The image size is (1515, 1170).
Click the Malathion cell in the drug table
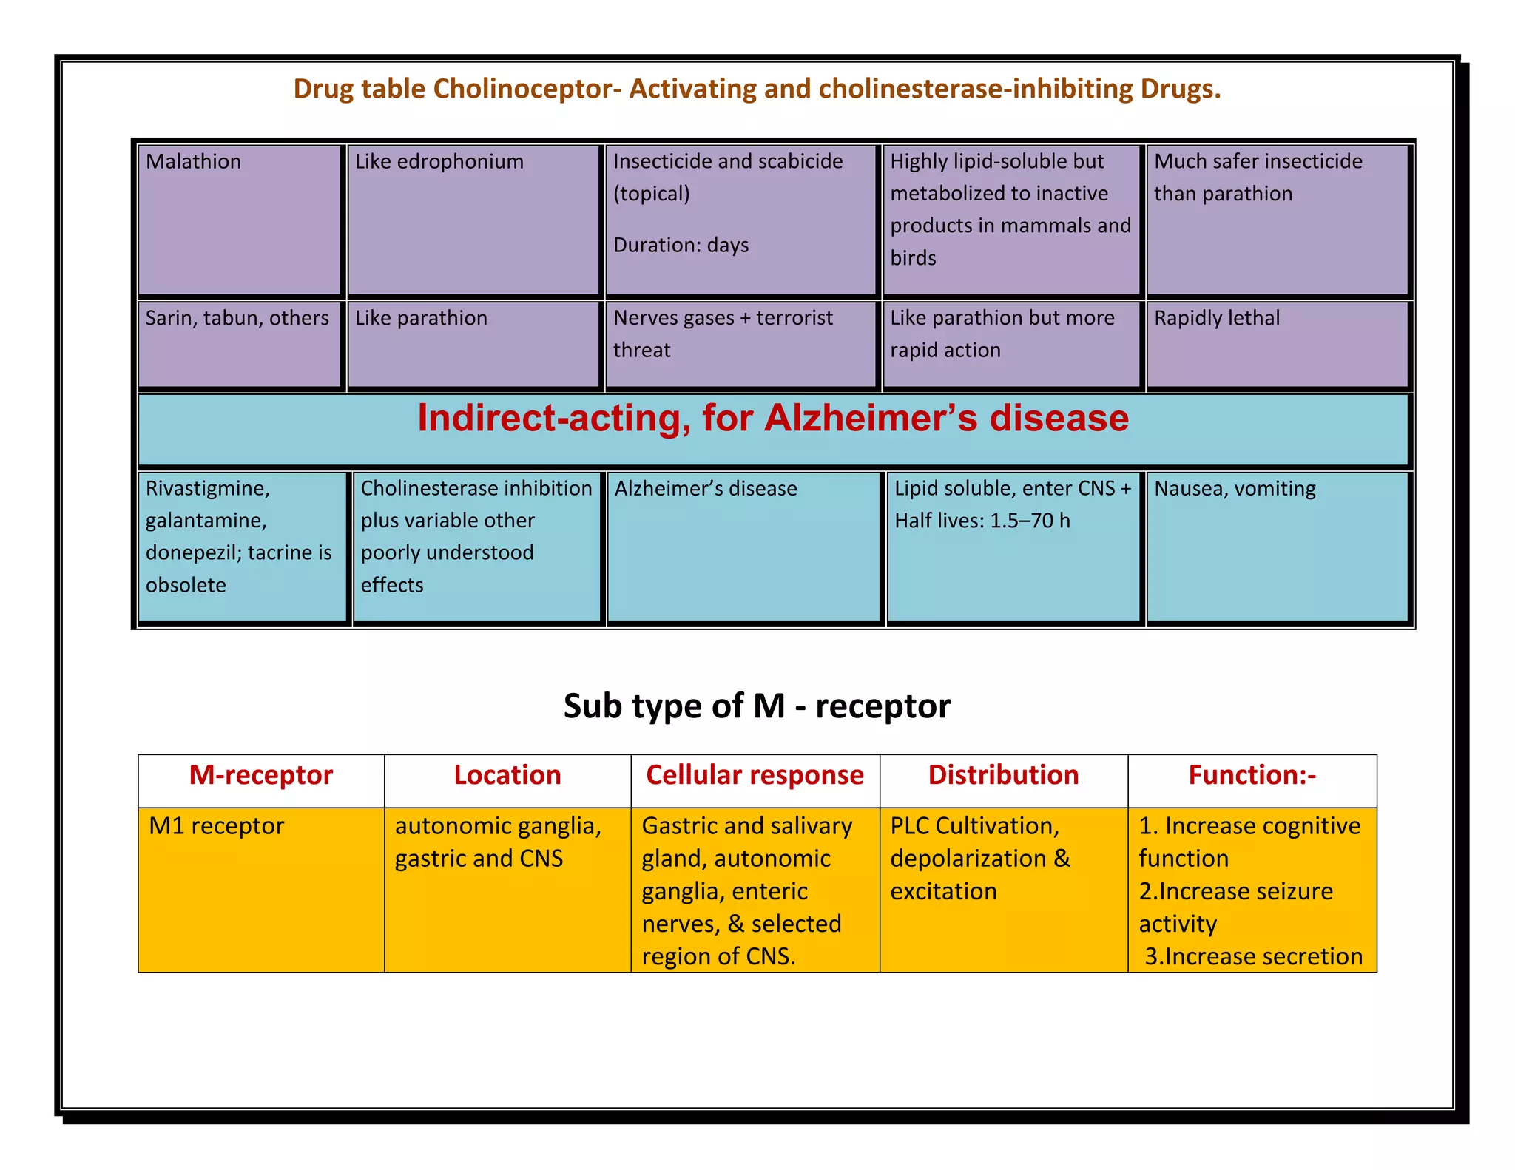[x=193, y=161]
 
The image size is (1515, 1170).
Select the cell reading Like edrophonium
[x=439, y=161]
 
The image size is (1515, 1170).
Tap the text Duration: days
[x=681, y=245]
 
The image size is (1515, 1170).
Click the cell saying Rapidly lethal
[x=1217, y=318]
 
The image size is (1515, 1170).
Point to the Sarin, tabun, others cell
[x=237, y=318]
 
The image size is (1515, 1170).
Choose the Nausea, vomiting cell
[x=1235, y=489]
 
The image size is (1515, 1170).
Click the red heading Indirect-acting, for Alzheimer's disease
[x=773, y=418]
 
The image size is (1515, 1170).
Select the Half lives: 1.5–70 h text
[x=982, y=521]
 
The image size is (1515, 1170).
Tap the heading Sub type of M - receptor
[x=757, y=706]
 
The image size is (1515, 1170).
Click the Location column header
[x=507, y=775]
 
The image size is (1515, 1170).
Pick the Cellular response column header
[x=755, y=775]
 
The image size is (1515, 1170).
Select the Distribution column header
[x=1003, y=775]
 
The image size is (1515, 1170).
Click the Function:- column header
[x=1252, y=775]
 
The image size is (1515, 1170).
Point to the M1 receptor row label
[x=216, y=826]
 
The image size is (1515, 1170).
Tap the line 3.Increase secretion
[x=1253, y=956]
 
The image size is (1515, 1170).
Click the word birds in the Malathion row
[x=913, y=258]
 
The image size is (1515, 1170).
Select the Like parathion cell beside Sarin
[x=421, y=318]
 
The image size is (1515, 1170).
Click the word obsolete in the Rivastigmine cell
[x=186, y=585]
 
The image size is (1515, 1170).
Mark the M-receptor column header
[x=260, y=775]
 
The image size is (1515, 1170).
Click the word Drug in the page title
[x=322, y=89]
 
